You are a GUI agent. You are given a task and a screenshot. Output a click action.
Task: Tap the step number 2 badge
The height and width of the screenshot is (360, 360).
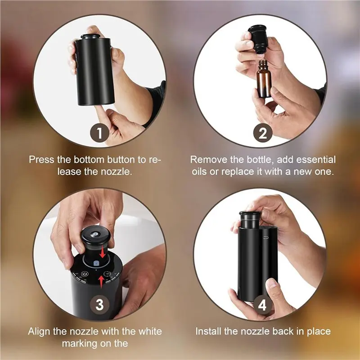pos(262,133)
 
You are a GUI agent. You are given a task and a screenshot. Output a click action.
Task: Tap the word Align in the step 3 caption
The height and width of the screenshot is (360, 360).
pos(39,332)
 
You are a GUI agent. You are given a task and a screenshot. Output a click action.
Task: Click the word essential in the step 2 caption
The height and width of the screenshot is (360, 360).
pos(317,160)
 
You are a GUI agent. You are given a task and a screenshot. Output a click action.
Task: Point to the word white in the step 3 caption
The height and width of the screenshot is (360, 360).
pos(149,332)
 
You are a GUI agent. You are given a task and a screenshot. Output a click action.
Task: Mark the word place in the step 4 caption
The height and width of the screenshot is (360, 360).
pos(319,332)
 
